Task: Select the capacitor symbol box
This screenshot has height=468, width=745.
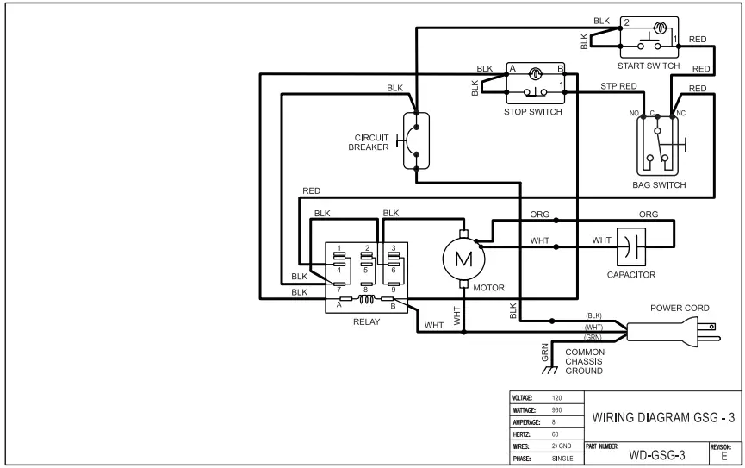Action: point(636,247)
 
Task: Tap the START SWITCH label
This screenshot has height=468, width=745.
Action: point(649,66)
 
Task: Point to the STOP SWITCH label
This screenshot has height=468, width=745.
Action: point(533,112)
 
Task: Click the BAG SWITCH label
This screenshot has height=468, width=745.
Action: point(659,184)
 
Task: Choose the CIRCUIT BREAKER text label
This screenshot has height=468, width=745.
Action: point(369,141)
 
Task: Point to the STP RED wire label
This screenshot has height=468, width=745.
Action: point(618,87)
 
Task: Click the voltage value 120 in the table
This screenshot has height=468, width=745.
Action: point(556,397)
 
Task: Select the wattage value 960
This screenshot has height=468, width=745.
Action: point(556,409)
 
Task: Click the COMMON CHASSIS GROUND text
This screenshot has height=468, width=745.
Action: point(585,362)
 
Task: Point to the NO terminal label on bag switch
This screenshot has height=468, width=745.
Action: point(634,114)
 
